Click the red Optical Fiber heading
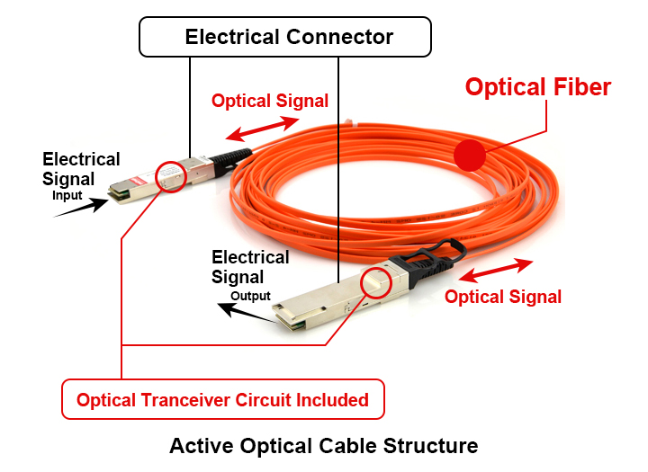click(x=537, y=87)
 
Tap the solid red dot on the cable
click(x=469, y=156)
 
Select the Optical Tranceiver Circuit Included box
click(x=222, y=399)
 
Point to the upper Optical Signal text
click(x=269, y=101)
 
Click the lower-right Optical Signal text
click(x=503, y=297)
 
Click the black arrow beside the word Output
click(x=245, y=311)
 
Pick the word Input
click(x=67, y=195)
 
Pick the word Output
click(x=250, y=296)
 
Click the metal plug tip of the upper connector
click(x=120, y=191)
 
